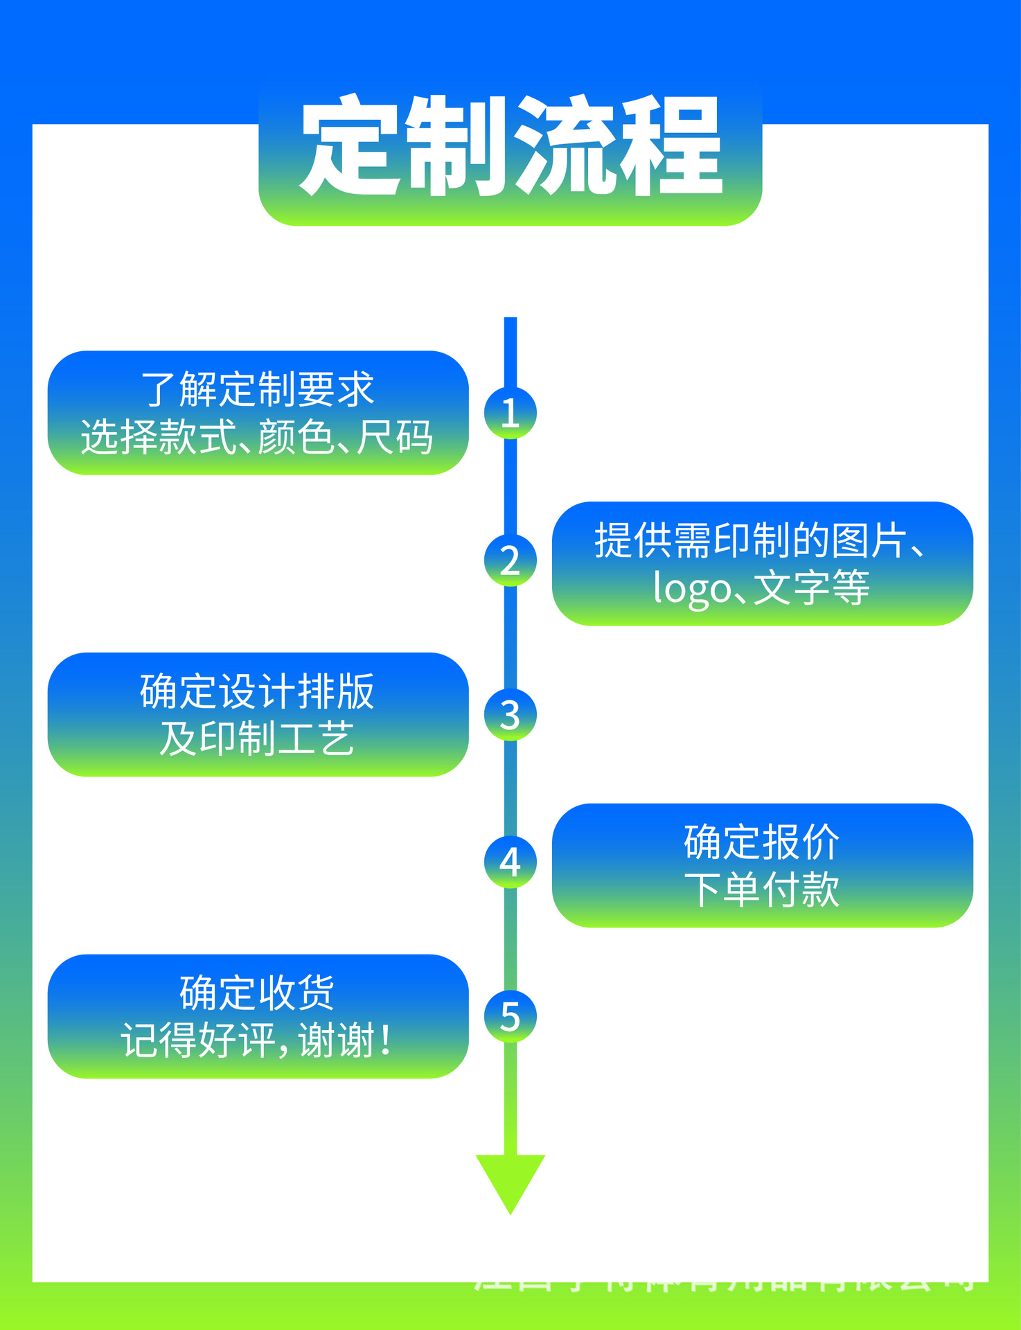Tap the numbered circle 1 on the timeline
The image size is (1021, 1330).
pos(510,413)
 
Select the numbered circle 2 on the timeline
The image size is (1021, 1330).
pos(510,560)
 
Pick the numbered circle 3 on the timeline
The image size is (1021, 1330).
pos(510,715)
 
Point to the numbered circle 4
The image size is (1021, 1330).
pos(510,862)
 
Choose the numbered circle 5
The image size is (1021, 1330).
pos(510,1017)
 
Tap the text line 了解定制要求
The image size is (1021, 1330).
pos(258,389)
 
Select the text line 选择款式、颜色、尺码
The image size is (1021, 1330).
pos(258,438)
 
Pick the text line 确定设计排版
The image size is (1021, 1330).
pos(258,691)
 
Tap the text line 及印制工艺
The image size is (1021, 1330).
pos(258,739)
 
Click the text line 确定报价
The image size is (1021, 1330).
pos(762,842)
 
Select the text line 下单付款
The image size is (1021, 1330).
pos(762,890)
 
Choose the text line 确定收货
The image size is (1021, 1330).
pos(258,993)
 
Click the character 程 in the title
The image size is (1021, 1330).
pos(671,147)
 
